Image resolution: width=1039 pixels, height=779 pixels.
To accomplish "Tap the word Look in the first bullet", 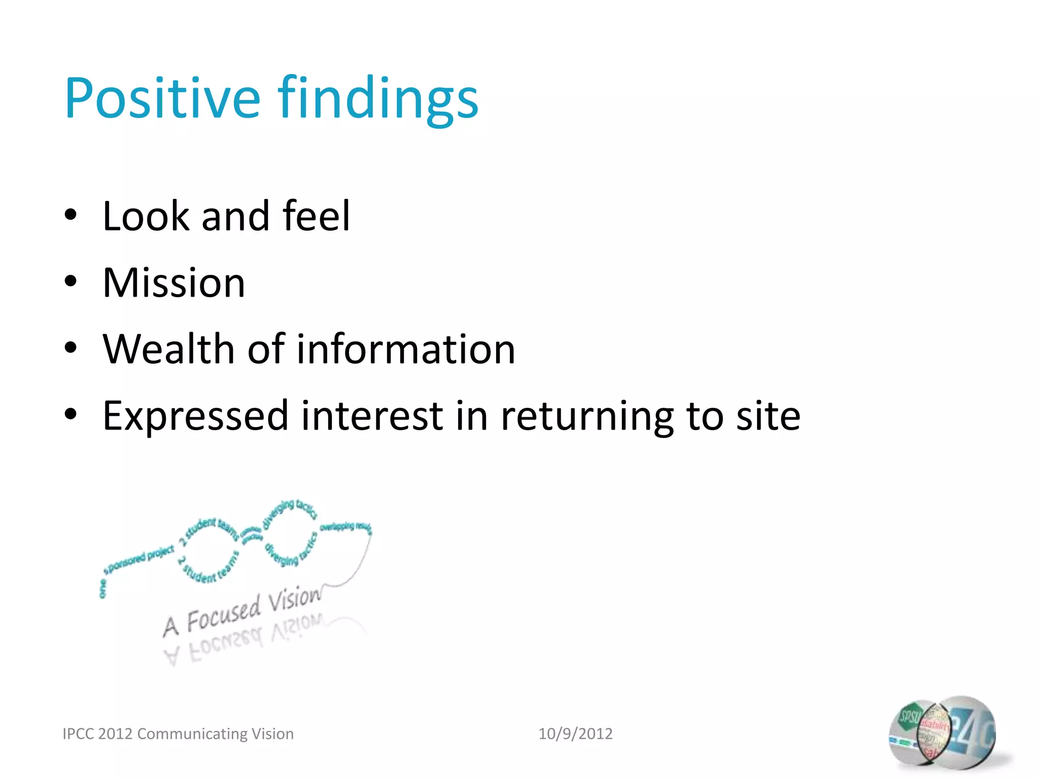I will [x=146, y=216].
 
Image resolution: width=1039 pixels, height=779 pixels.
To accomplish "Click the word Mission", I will [x=174, y=282].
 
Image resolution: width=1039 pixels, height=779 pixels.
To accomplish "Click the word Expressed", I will [x=195, y=416].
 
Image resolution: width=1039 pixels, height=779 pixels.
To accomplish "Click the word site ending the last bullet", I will [x=768, y=416].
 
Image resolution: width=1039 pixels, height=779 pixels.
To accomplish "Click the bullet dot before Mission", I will [x=71, y=281].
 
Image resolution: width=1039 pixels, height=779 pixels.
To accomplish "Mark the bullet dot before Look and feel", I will [x=71, y=215].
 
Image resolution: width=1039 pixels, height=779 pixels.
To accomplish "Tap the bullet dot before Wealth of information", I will [x=71, y=348].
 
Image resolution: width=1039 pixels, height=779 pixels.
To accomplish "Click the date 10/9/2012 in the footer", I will [x=575, y=733].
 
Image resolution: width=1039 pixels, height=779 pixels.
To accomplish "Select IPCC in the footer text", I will [x=78, y=733].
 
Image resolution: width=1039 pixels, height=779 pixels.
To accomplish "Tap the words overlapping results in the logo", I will [x=346, y=526].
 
